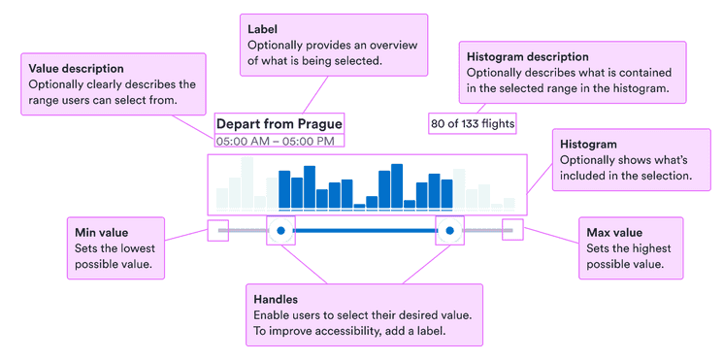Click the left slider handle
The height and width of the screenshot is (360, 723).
pos(280,231)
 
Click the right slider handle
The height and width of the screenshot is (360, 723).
pos(449,231)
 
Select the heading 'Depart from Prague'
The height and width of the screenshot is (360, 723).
pos(279,124)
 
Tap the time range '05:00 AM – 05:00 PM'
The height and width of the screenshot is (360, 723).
pos(275,142)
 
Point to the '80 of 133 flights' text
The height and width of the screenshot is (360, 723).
pos(473,123)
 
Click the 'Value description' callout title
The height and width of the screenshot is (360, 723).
pos(76,69)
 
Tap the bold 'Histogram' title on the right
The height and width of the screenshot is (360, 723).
pos(588,145)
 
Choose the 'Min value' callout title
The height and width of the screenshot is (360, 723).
pos(101,233)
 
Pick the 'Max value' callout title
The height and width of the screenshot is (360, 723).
pos(614,233)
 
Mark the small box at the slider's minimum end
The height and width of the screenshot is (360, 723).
pos(218,231)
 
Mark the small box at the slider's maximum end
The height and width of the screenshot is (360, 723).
pos(511,231)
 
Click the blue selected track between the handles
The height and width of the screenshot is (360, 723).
pos(365,231)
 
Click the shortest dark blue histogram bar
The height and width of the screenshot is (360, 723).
pos(359,205)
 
